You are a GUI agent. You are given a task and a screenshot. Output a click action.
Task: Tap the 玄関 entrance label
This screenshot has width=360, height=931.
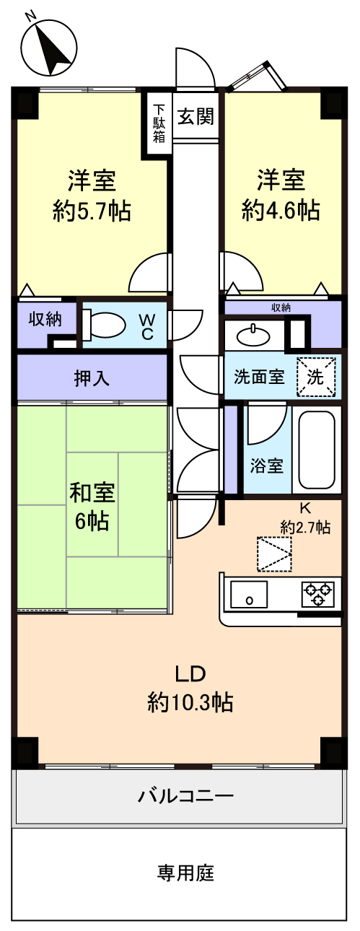(196, 117)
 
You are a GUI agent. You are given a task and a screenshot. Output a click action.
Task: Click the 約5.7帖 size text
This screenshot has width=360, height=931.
(92, 211)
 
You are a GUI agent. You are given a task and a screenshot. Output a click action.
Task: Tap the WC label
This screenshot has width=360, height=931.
(146, 327)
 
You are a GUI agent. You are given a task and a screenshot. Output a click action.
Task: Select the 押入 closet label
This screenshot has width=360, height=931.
(92, 377)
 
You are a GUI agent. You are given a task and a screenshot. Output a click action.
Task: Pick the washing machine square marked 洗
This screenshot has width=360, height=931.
(315, 377)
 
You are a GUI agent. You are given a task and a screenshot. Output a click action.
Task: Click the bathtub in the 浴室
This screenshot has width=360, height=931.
(317, 450)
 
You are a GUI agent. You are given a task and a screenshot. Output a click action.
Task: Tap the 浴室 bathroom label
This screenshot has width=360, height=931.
(266, 466)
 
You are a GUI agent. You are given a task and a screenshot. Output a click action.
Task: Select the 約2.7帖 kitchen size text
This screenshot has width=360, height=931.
(306, 528)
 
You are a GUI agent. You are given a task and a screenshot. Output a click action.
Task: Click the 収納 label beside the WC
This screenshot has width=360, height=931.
(45, 319)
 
